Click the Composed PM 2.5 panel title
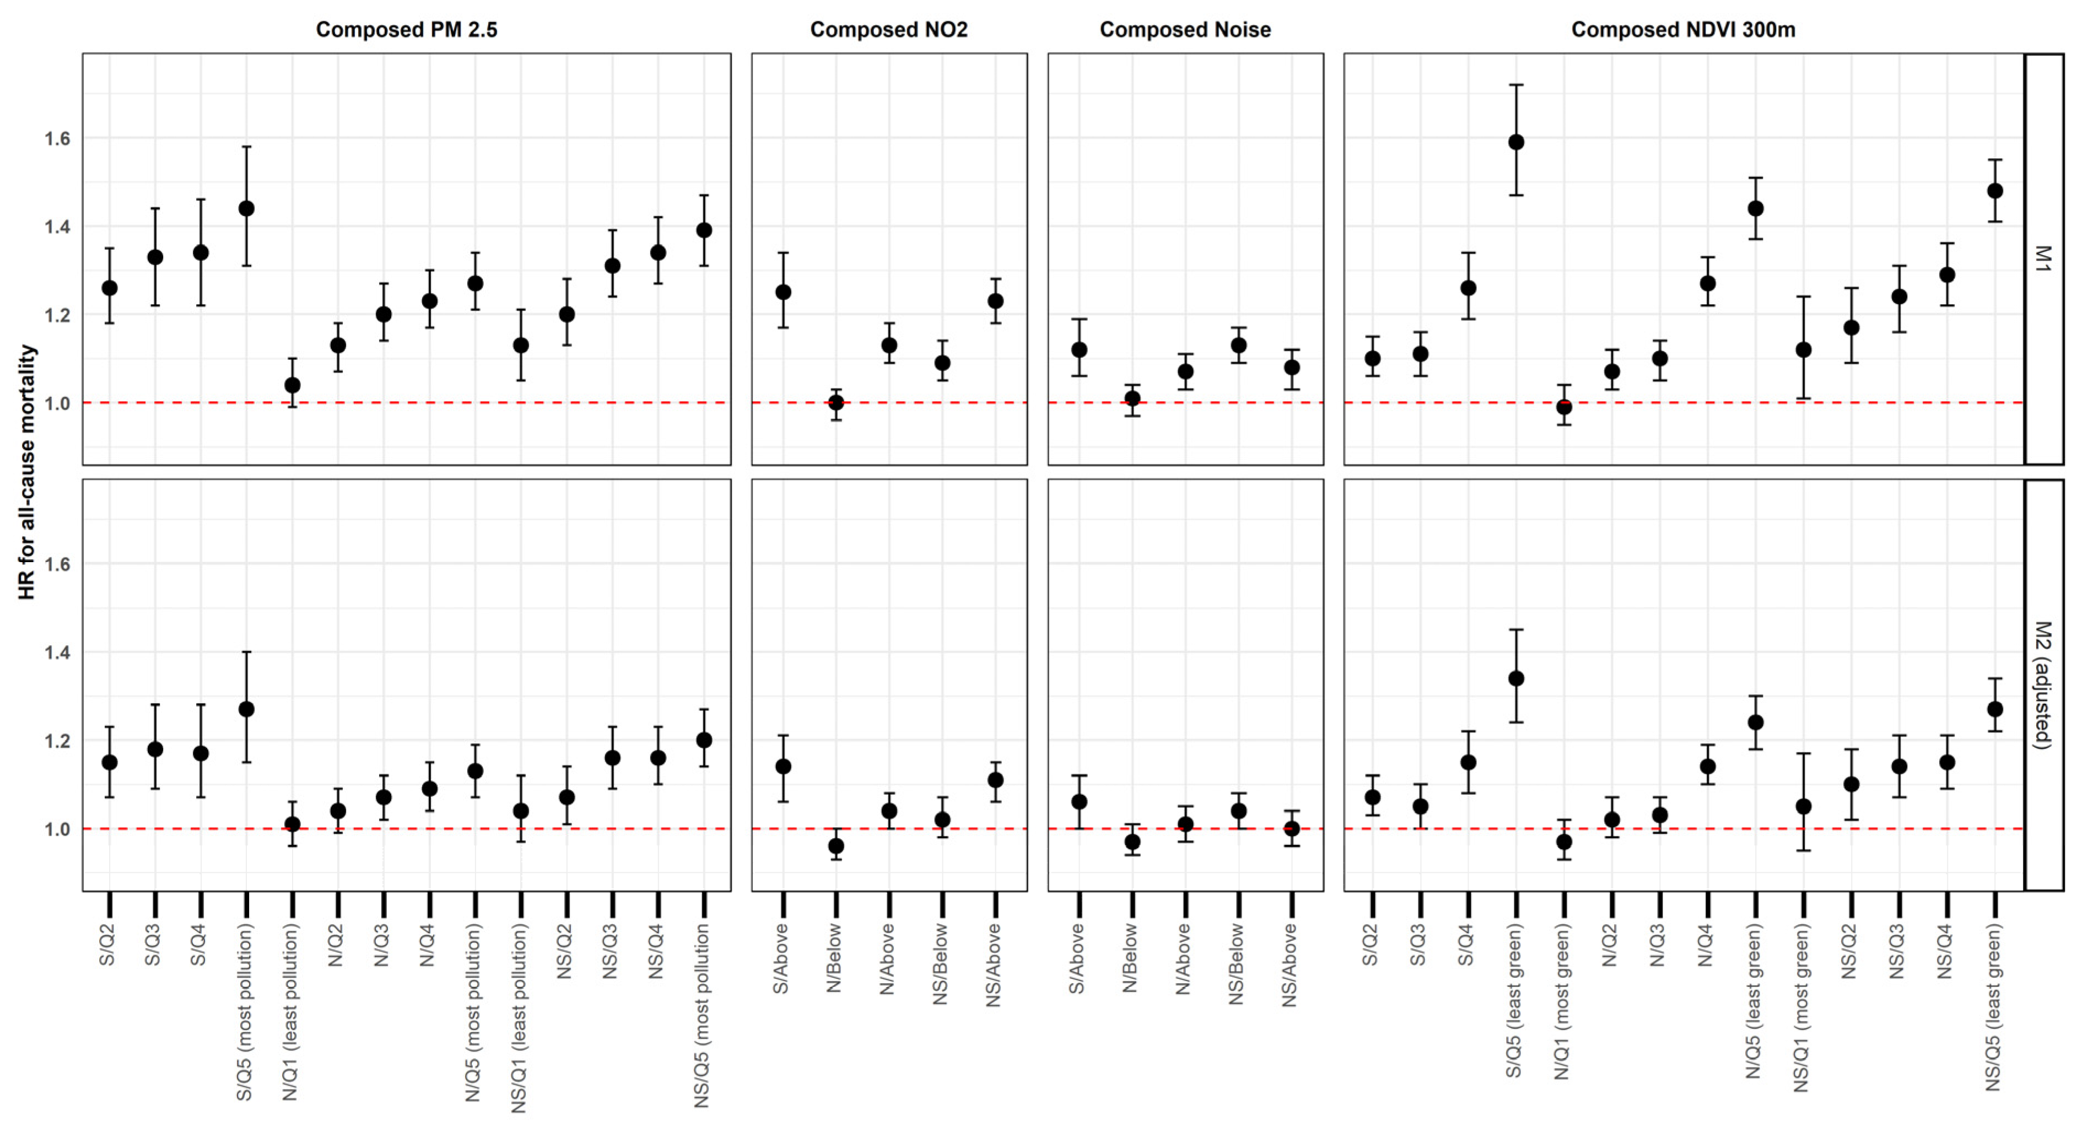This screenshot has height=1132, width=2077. point(406,30)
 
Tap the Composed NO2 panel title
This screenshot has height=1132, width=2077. point(888,30)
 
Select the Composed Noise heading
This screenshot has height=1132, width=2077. point(1185,30)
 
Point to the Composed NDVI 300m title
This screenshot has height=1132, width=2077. point(1683,30)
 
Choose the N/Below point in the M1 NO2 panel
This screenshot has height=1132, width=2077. point(836,402)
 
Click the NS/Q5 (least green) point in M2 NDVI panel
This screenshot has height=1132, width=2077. point(1995,709)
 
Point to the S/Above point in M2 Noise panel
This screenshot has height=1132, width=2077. point(1079,801)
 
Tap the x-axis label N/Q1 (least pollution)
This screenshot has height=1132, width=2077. point(290,1011)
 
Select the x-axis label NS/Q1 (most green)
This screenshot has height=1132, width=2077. point(1801,1008)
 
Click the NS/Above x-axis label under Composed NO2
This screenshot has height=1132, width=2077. point(994,965)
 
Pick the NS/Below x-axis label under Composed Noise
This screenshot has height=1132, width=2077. point(1236,965)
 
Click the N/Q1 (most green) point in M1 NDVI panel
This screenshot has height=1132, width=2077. point(1563,407)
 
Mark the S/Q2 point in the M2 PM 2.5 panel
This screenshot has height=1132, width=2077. point(110,762)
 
